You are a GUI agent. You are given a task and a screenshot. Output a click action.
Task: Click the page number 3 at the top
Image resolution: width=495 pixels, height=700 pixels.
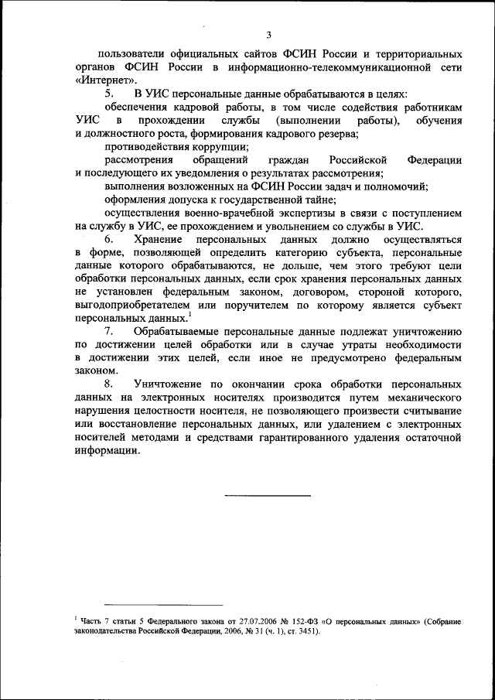coord(268,34)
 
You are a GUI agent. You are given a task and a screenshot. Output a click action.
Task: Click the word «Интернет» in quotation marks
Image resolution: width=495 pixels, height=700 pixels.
coord(107,80)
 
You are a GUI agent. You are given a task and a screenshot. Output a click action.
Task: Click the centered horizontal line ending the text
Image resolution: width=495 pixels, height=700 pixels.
coord(268,495)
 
